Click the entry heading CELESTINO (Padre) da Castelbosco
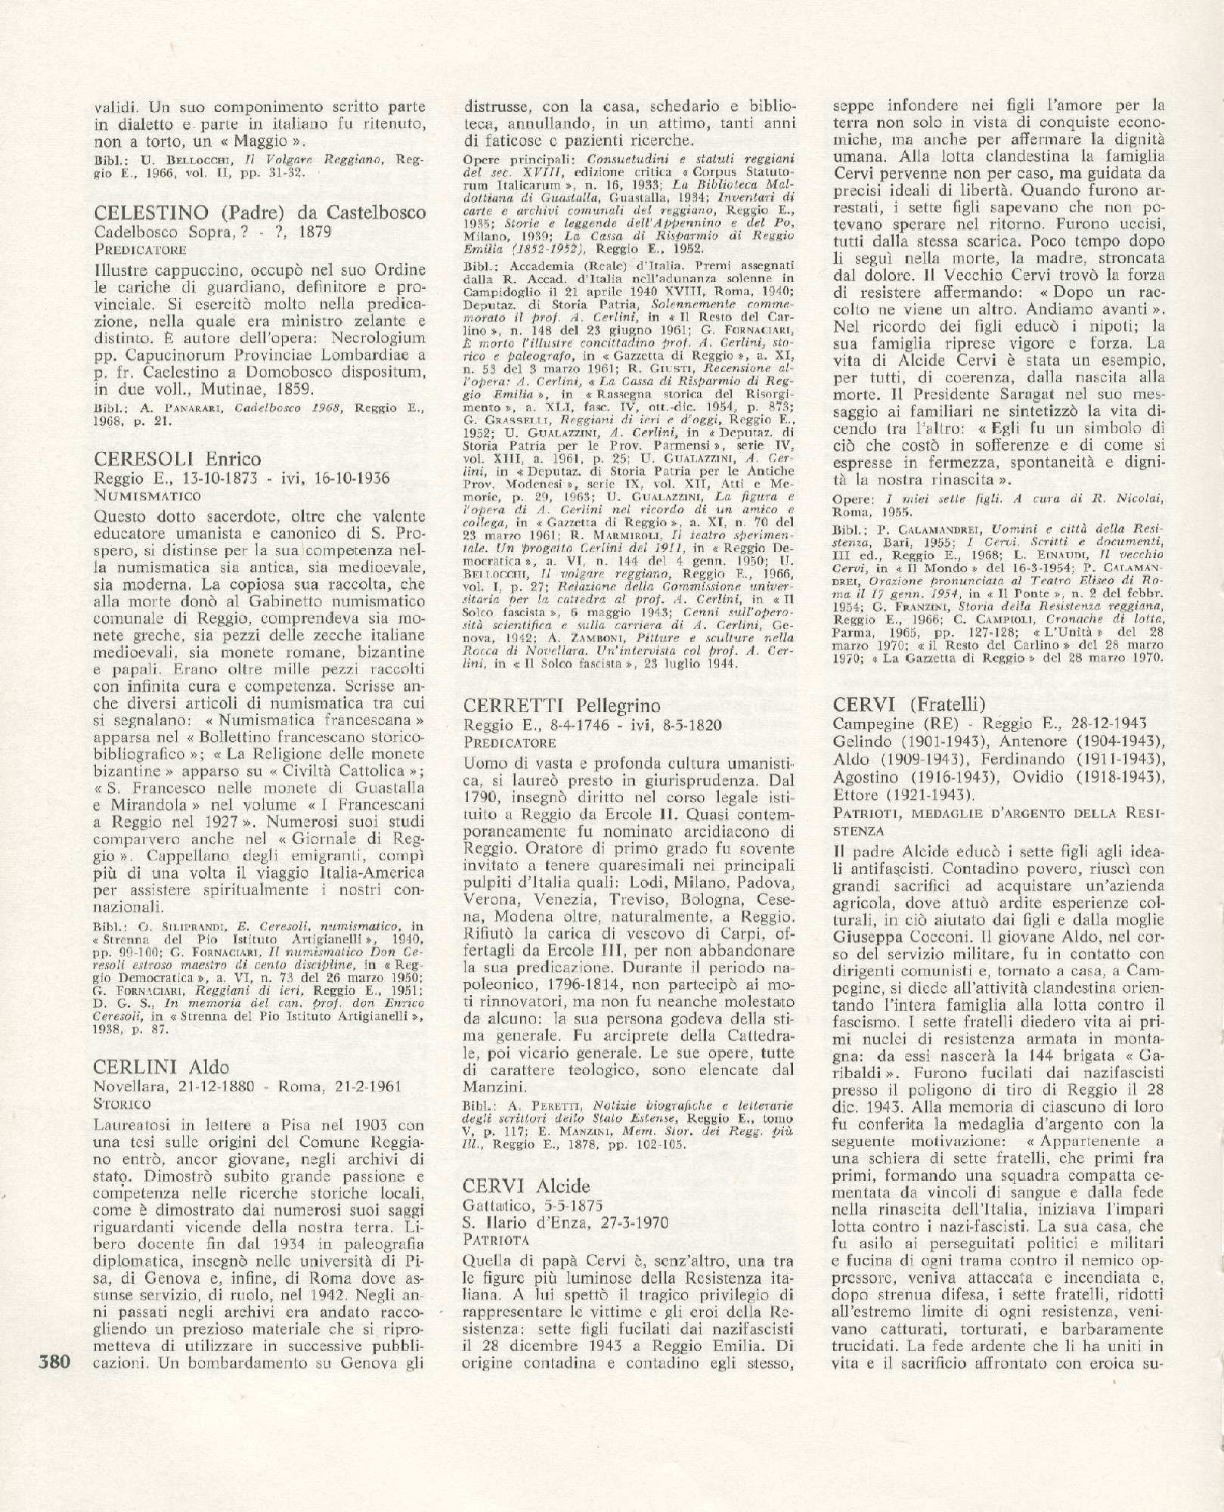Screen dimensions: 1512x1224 [x=261, y=213]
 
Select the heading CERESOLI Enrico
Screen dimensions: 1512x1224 [x=178, y=459]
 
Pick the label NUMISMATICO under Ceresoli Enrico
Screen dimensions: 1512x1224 [x=148, y=496]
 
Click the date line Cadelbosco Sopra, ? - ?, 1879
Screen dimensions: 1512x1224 [x=214, y=232]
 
